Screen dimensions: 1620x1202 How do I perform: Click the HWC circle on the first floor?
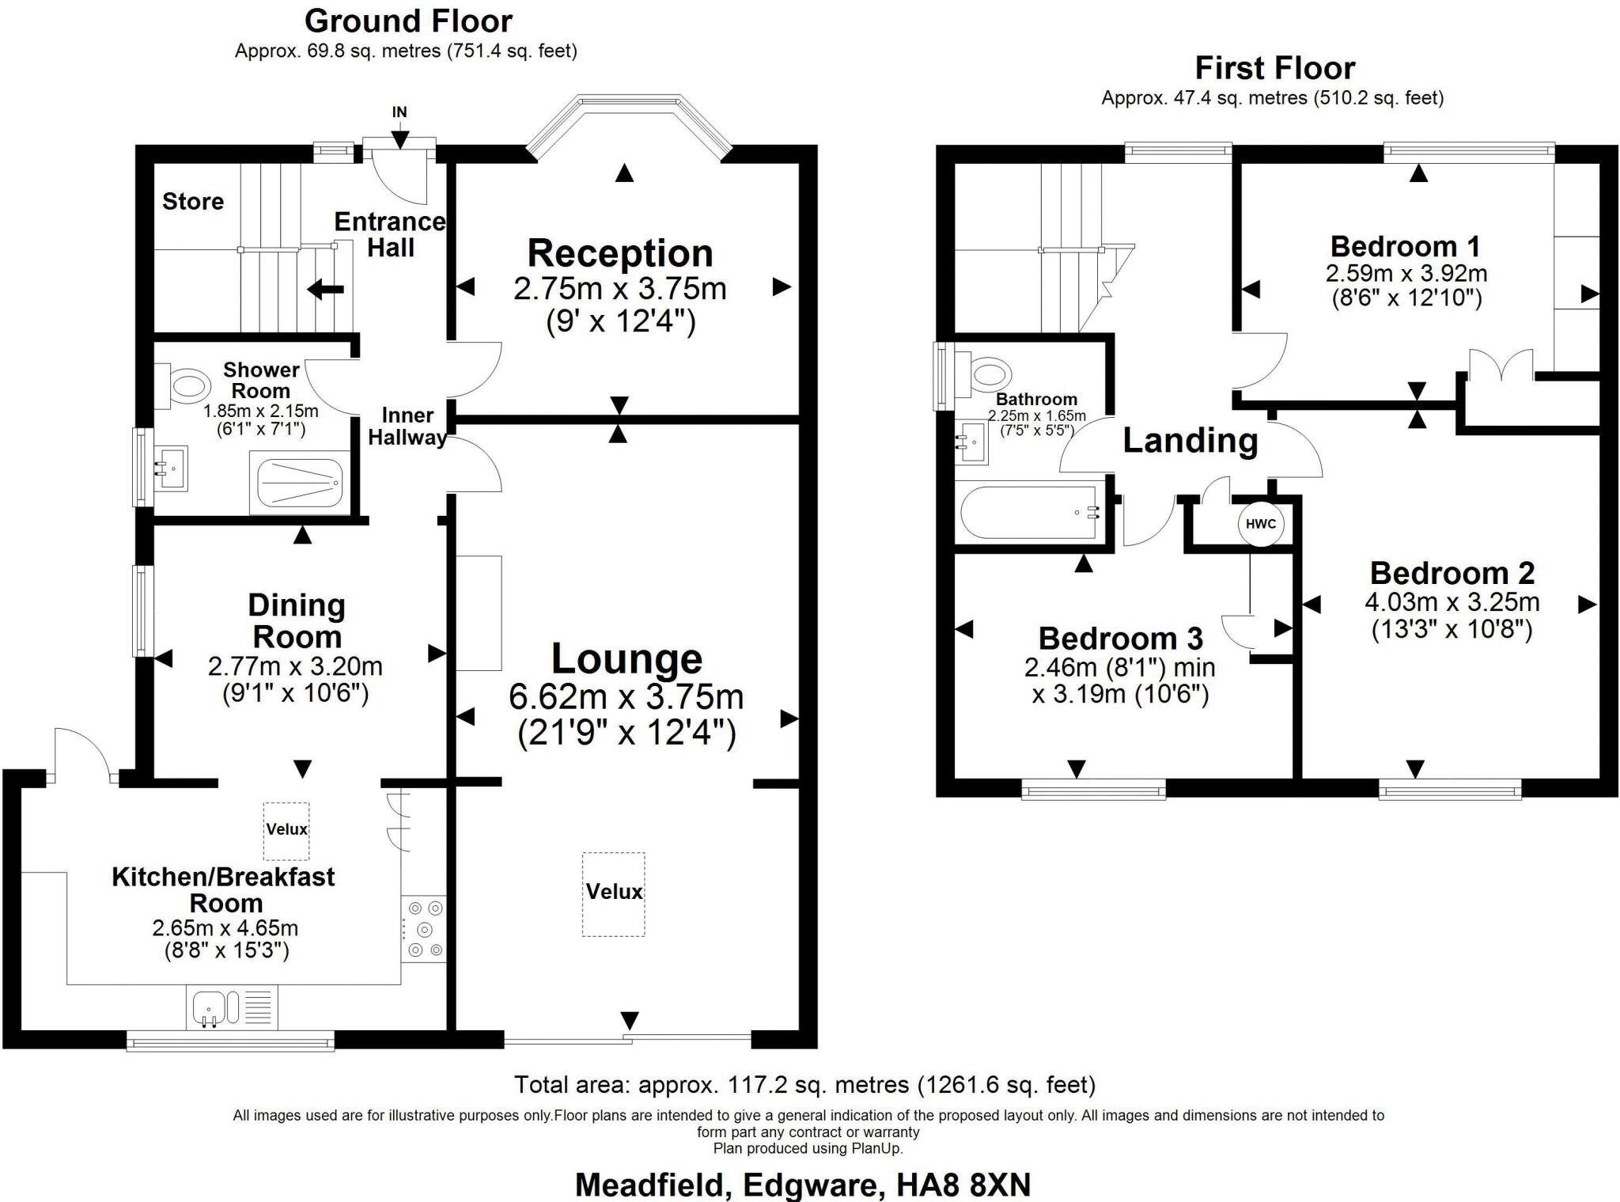click(1260, 524)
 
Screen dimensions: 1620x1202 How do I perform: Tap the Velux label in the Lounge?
click(614, 892)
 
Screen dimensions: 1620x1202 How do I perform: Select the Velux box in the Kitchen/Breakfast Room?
click(286, 830)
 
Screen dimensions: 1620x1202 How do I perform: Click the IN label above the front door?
click(399, 112)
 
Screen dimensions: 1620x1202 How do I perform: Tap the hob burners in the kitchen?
click(424, 929)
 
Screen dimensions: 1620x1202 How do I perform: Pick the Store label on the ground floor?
click(193, 202)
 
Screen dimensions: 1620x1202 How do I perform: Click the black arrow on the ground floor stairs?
click(325, 290)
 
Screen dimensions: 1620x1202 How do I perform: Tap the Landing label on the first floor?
click(1190, 441)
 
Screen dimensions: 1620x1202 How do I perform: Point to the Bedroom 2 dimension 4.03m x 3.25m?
click(1452, 603)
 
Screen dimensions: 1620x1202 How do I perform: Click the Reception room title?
click(620, 254)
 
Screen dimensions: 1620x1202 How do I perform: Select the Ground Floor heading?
click(408, 21)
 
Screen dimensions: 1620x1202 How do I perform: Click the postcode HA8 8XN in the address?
click(963, 1185)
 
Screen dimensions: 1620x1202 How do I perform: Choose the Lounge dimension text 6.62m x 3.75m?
click(626, 697)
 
